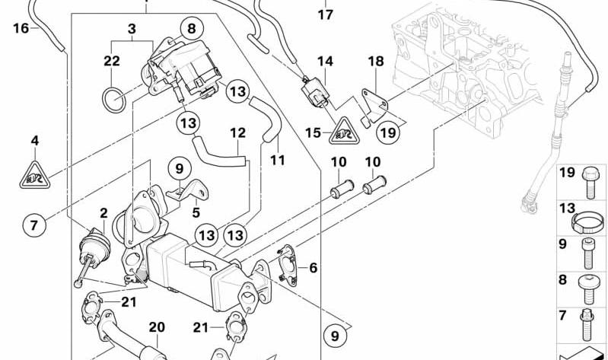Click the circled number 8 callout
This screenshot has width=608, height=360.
192,29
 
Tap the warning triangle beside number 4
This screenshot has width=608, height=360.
35,176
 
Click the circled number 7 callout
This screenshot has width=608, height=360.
33,225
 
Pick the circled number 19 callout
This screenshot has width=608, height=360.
388,132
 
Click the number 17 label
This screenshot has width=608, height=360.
326,14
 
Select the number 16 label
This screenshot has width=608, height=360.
21,28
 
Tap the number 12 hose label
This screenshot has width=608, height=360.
238,132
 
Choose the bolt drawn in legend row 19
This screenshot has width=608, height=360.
590,183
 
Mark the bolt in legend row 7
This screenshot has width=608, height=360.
585,327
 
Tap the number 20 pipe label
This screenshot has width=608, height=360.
157,327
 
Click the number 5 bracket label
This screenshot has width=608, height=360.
196,212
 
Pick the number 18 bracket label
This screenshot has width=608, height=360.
376,61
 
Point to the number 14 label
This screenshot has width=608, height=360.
326,61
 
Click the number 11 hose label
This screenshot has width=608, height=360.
278,160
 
